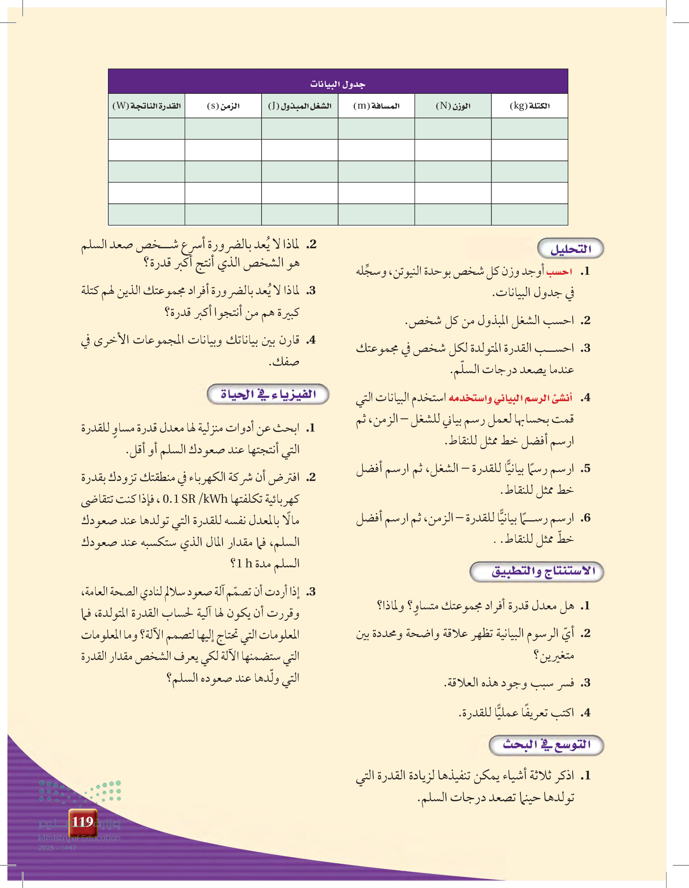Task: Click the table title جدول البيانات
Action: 337,84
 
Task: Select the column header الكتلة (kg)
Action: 529,106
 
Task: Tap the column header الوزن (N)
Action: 453,106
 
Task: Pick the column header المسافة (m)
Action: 376,106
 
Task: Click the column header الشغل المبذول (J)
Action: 299,106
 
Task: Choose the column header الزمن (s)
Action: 223,106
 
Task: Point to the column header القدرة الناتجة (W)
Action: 146,106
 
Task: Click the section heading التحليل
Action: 570,249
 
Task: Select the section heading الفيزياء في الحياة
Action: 268,394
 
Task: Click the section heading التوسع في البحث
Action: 546,745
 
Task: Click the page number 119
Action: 83,822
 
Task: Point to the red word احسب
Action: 559,272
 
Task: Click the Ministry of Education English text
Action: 79,837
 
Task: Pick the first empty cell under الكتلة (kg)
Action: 529,129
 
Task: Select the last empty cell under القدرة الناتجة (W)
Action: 146,214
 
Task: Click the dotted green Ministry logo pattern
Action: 80,791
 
